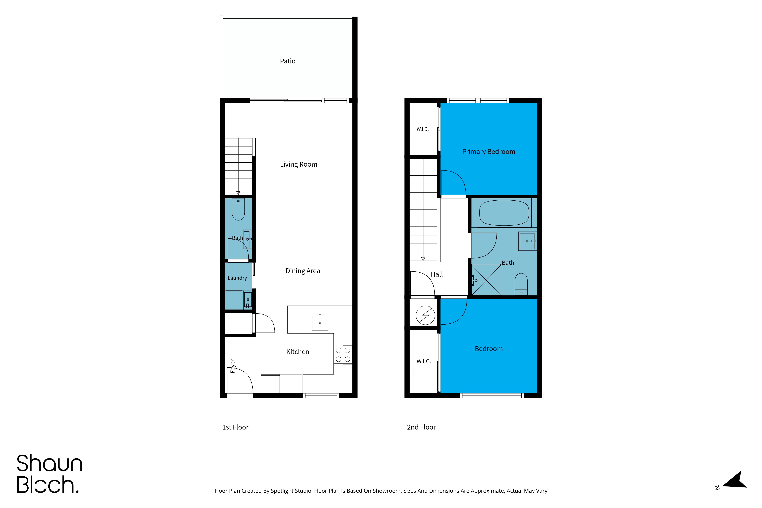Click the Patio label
click(x=287, y=61)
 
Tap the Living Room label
click(x=298, y=165)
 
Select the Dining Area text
click(x=303, y=271)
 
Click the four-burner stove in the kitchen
click(x=343, y=354)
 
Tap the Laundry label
click(x=237, y=278)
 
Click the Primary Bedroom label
click(x=489, y=152)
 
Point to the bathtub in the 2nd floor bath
click(x=504, y=213)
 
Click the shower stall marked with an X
click(x=486, y=280)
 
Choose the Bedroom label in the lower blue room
click(x=489, y=349)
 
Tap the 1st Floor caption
click(x=235, y=427)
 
